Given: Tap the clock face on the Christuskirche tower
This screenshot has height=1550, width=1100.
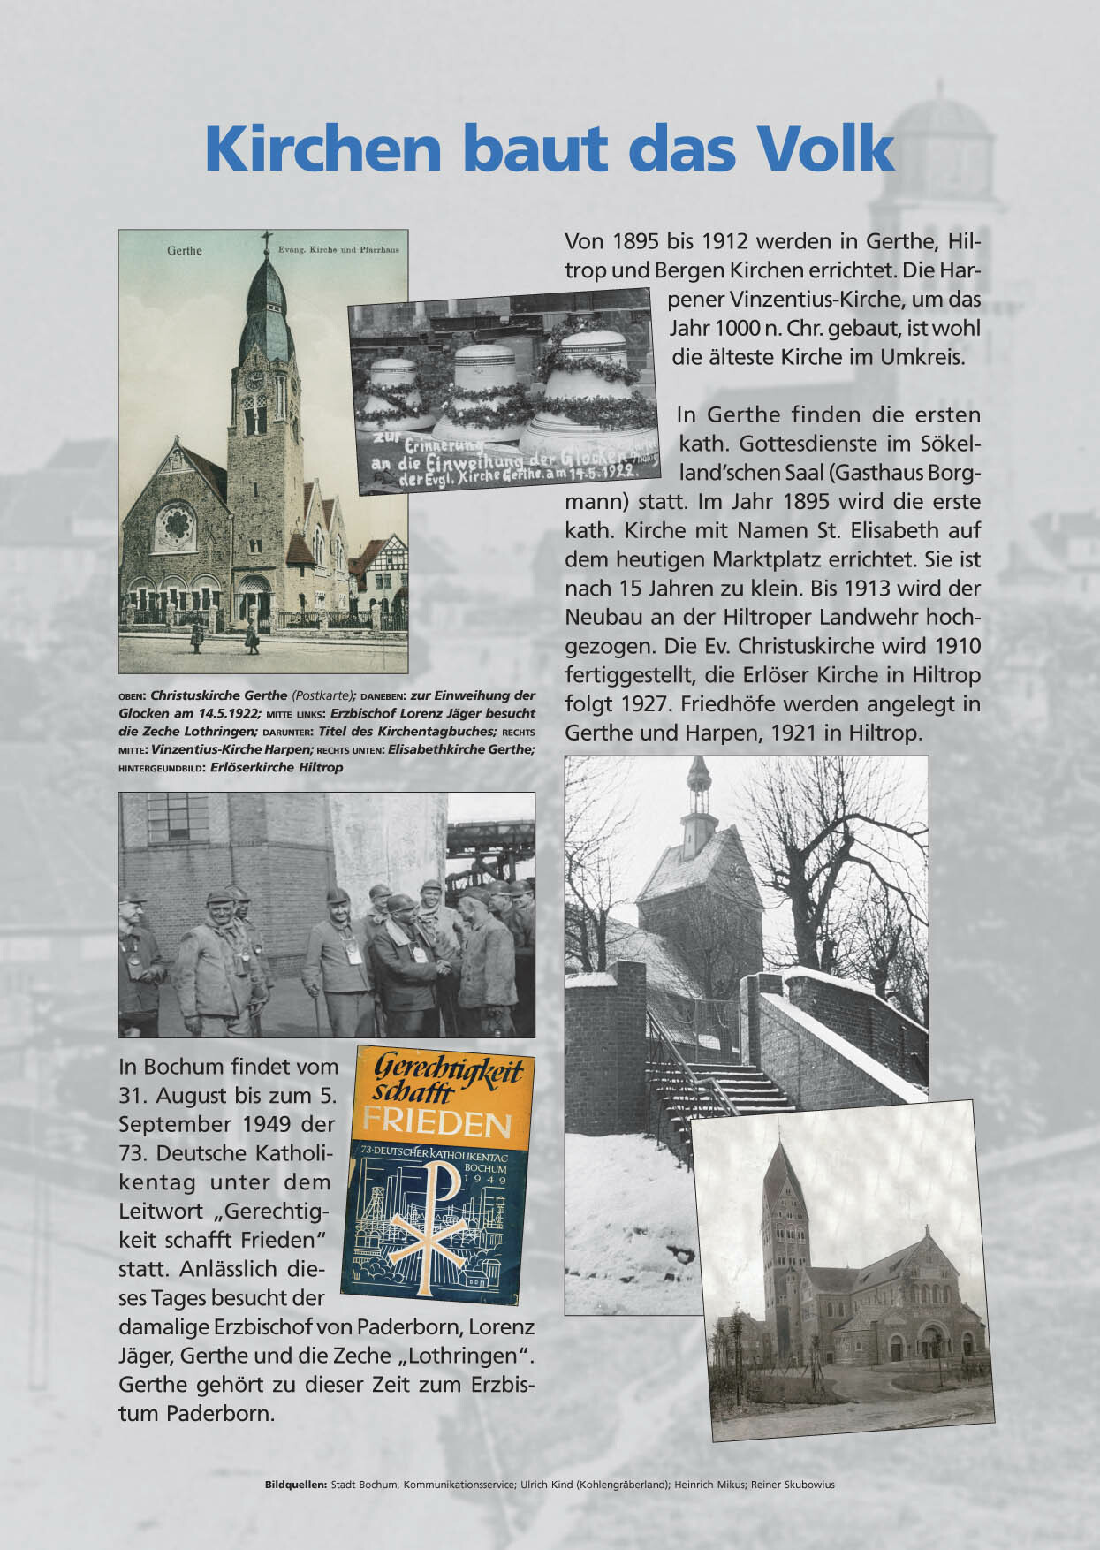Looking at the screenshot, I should coord(254,380).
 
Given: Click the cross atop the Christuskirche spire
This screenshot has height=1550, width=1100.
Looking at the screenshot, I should coord(265,242).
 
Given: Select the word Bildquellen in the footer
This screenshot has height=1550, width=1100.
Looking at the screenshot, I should coord(295,1485).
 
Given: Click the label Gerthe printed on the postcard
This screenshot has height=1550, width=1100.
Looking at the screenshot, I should coord(184,251).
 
